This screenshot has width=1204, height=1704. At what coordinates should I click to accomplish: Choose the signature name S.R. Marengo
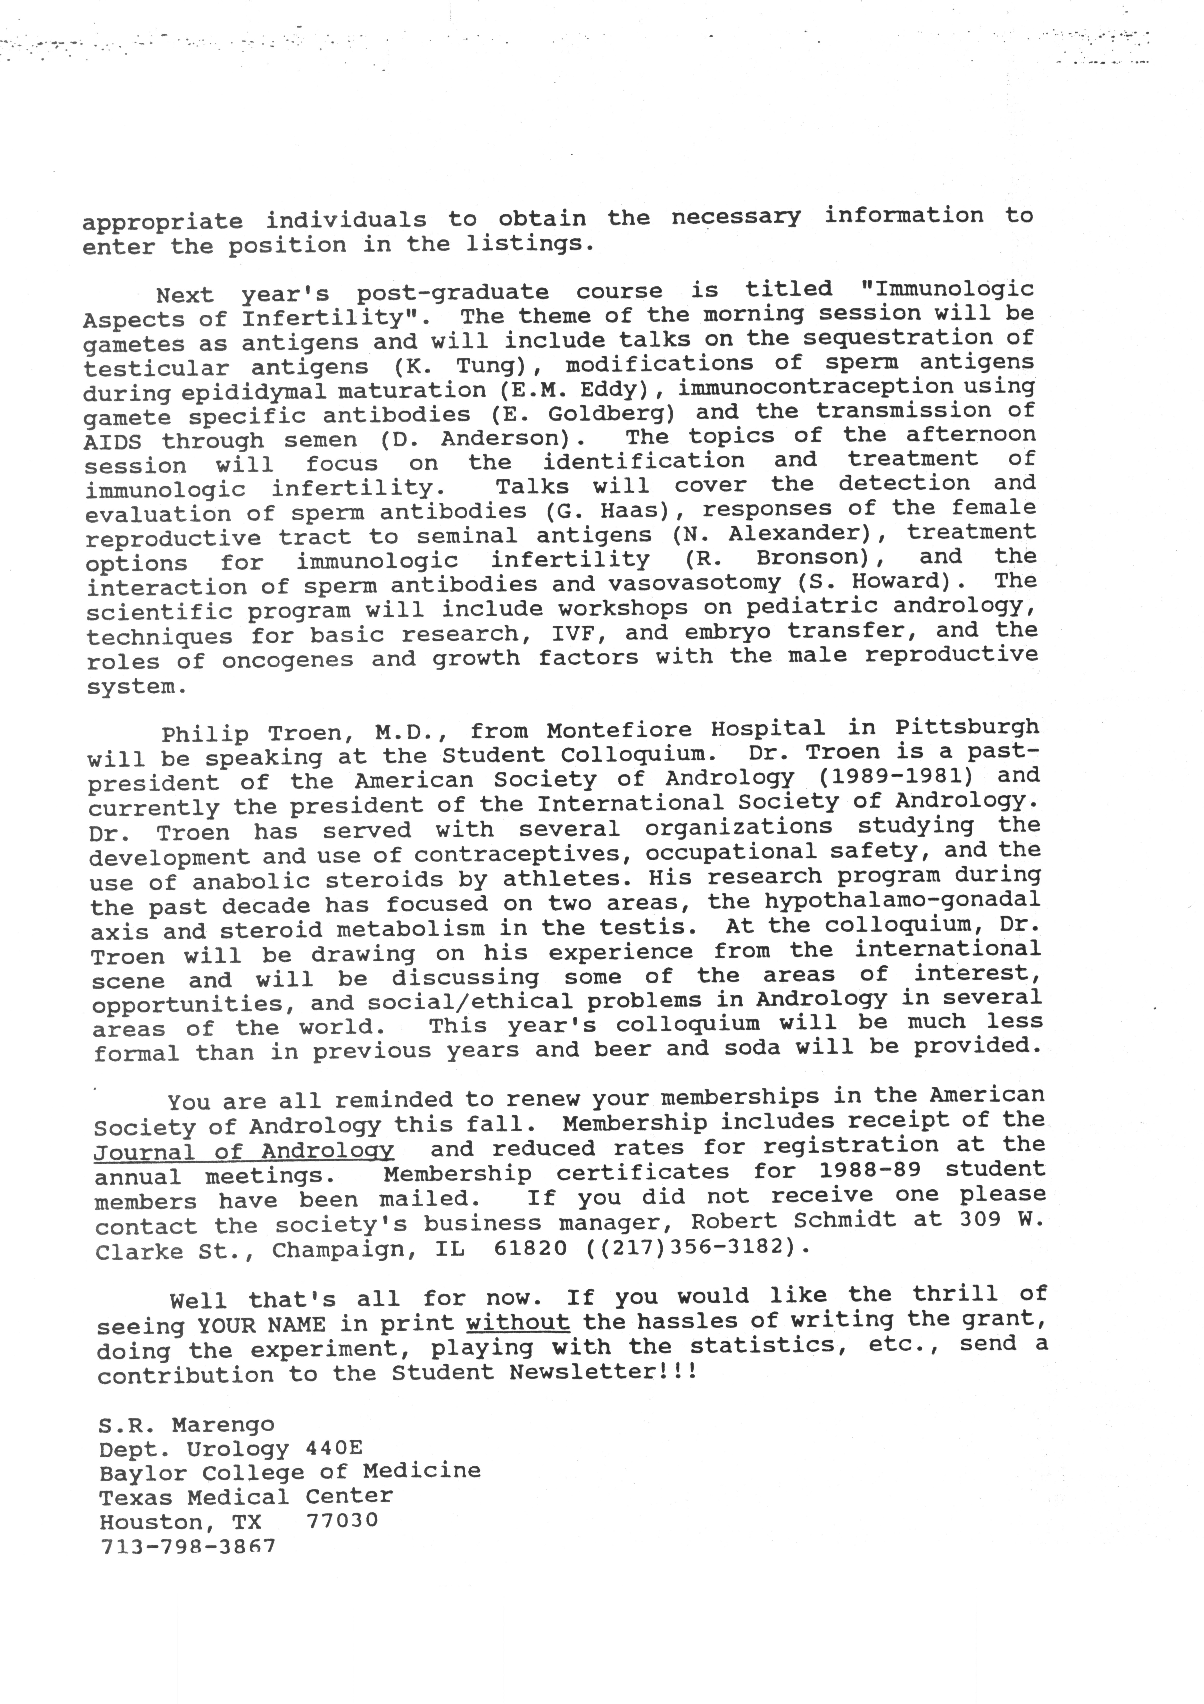coord(186,1424)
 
